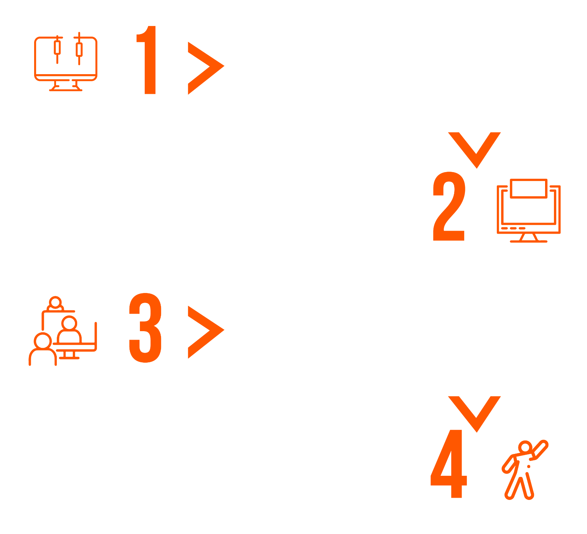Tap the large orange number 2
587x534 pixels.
pos(449,206)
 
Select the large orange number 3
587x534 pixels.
pos(145,327)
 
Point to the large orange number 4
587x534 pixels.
pos(449,464)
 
